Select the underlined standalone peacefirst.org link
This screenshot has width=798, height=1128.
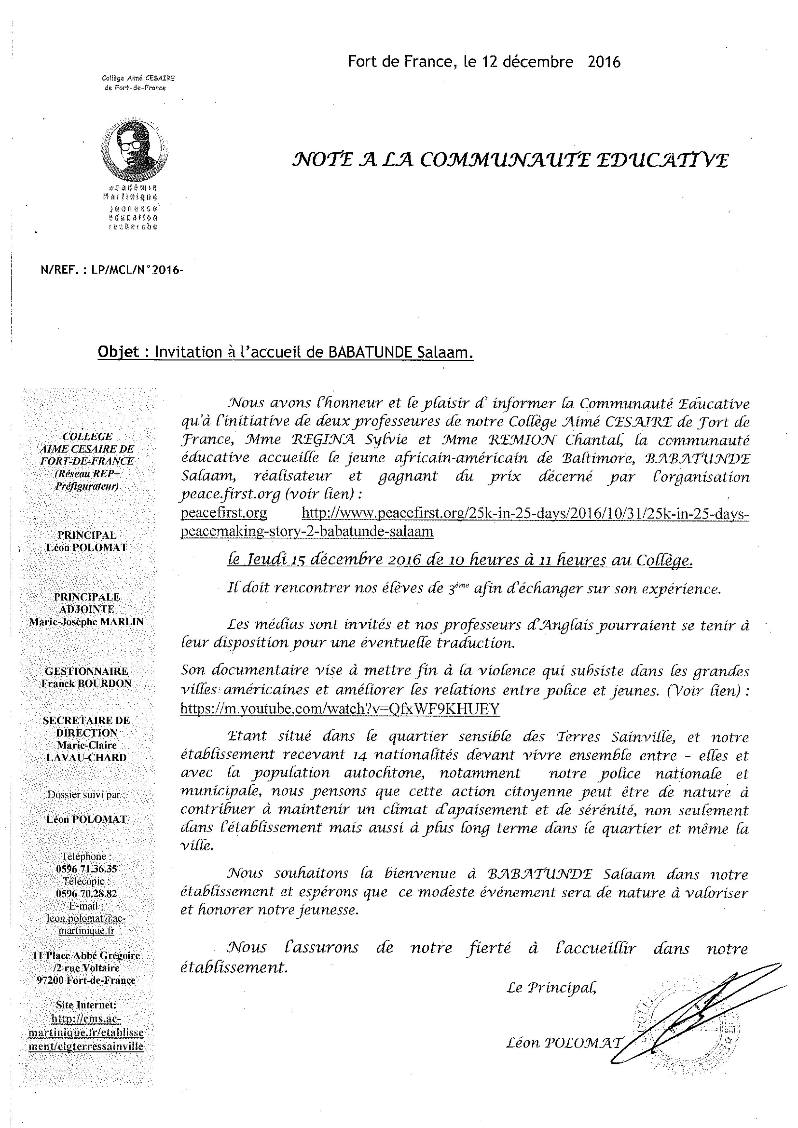(224, 513)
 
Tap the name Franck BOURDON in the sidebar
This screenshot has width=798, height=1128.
(87, 683)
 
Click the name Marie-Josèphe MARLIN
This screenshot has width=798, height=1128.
(87, 621)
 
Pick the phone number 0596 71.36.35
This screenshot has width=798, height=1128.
(87, 869)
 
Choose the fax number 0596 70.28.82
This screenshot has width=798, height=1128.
(87, 893)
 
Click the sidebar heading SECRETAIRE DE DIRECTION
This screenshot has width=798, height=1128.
(87, 726)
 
